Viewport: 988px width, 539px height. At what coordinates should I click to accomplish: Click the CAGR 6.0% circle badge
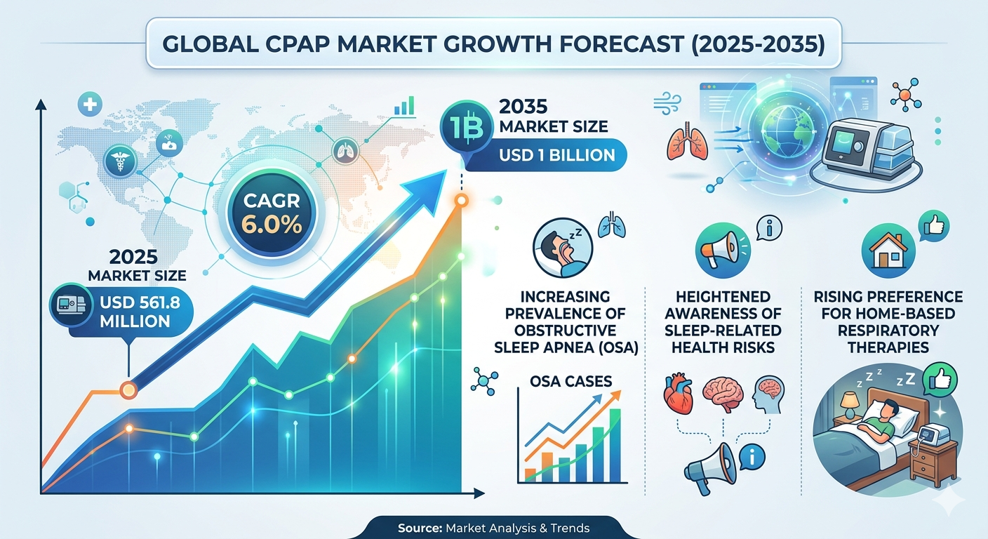coord(272,213)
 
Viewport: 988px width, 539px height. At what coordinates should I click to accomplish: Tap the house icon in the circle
coord(888,251)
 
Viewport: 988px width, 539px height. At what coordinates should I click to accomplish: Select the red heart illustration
coord(679,393)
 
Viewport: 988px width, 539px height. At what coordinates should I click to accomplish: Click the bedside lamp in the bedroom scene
coord(849,404)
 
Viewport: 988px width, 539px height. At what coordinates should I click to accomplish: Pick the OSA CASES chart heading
coord(570,381)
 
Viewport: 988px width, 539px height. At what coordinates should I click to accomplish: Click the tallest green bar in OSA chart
coord(615,445)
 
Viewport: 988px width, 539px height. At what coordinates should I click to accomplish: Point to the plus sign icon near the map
coord(90,105)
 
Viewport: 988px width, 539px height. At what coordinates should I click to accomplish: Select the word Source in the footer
coord(420,528)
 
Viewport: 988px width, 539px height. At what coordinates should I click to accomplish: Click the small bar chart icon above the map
coord(404,106)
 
